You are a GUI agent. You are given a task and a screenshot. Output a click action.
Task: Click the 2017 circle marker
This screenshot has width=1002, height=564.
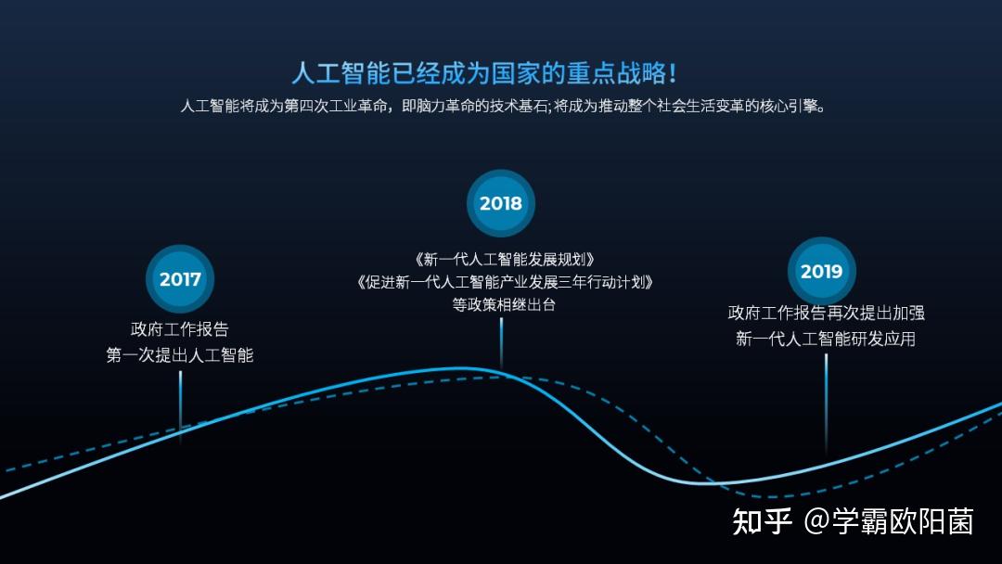pos(180,278)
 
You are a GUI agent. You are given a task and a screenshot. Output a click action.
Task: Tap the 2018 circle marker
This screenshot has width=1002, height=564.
pos(501,203)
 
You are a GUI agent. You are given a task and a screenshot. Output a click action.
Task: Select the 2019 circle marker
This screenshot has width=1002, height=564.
pos(822,271)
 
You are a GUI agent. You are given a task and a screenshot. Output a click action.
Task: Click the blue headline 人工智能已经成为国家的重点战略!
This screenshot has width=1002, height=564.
pos(483,72)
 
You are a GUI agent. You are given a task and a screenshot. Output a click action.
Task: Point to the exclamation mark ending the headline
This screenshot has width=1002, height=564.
pos(672,72)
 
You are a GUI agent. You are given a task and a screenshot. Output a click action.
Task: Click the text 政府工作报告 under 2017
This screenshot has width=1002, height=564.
pos(180,329)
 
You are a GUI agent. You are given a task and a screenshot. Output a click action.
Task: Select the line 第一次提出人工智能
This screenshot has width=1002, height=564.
pos(180,355)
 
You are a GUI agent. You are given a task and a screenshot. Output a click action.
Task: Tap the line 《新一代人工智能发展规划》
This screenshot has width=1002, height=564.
pos(504,260)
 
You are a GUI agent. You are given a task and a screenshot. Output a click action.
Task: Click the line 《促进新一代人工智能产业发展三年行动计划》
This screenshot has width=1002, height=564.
pos(505,282)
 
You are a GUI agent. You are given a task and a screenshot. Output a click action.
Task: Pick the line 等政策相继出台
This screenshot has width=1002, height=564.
pos(504,304)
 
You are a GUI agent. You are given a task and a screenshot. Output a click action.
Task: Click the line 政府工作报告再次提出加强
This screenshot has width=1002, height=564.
pos(827,313)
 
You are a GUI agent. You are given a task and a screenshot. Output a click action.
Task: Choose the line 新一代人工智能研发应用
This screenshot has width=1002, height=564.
pos(826,339)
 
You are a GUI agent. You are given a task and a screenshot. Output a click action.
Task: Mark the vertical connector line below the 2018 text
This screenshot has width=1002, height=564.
pos(501,343)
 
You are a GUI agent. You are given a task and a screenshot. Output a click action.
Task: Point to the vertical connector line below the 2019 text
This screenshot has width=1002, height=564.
pos(827,404)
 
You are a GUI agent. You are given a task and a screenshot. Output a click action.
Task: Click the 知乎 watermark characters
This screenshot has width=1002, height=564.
pos(763,521)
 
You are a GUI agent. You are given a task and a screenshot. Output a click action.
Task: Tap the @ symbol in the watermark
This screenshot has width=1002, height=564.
pos(816,521)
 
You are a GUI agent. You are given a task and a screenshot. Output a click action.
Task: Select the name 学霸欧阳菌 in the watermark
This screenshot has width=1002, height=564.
pos(903,521)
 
